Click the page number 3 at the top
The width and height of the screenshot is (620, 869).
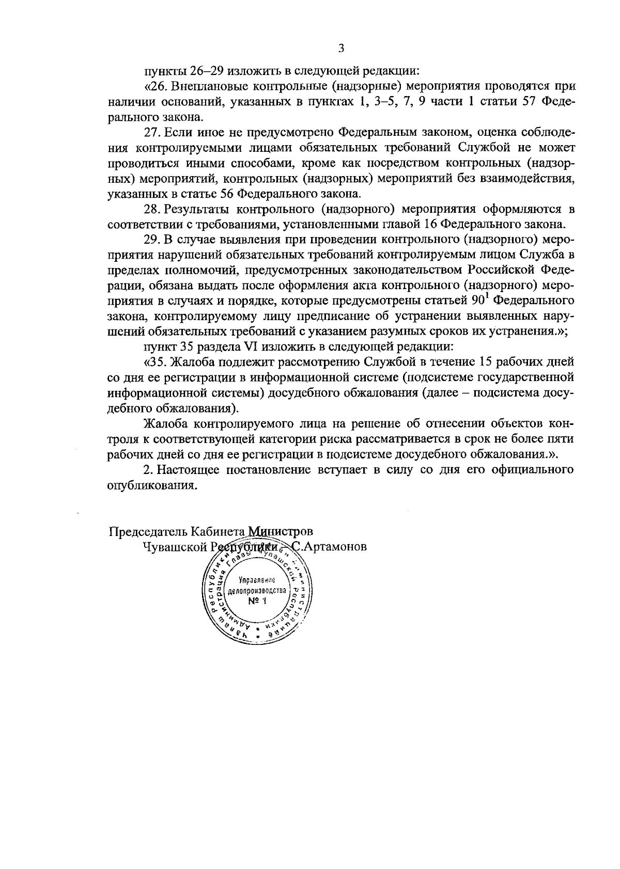click(x=340, y=49)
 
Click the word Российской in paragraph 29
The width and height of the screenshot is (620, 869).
click(x=501, y=270)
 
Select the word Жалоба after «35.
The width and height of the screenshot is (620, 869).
click(x=200, y=361)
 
